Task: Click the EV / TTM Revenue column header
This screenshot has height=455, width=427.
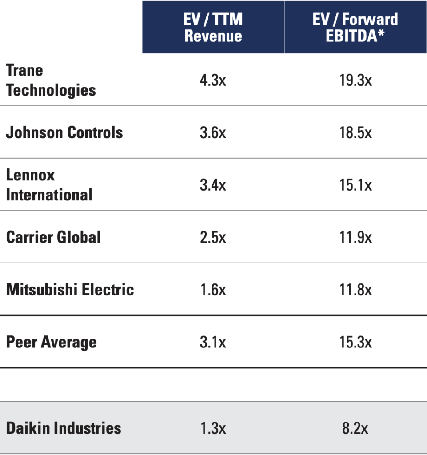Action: [213, 27]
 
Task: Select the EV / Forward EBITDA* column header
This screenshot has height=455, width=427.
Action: [355, 27]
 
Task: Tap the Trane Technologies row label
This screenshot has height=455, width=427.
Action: [51, 80]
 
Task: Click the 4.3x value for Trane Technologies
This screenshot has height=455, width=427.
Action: [213, 80]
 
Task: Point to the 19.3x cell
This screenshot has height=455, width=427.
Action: [355, 80]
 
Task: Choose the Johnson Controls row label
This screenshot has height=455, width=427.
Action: [64, 132]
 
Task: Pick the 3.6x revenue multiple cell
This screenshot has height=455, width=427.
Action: [213, 132]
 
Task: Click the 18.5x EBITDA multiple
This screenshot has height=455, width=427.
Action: [355, 132]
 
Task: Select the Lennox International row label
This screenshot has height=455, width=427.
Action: [49, 185]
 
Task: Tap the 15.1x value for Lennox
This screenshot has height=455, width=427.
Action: [355, 185]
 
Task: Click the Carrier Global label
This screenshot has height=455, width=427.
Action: [53, 237]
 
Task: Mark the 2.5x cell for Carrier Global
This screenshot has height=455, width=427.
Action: [213, 237]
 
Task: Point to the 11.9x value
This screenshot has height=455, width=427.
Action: [355, 237]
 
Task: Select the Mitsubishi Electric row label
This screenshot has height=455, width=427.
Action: [70, 290]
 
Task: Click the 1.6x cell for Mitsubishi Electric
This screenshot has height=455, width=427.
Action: [213, 290]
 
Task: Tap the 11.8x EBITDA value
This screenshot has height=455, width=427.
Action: [355, 290]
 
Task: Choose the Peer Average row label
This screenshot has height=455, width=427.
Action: [51, 342]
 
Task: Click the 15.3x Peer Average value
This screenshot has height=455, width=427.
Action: [355, 342]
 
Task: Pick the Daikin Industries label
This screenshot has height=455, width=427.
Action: [64, 428]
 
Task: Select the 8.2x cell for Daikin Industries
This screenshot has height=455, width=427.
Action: [355, 428]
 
